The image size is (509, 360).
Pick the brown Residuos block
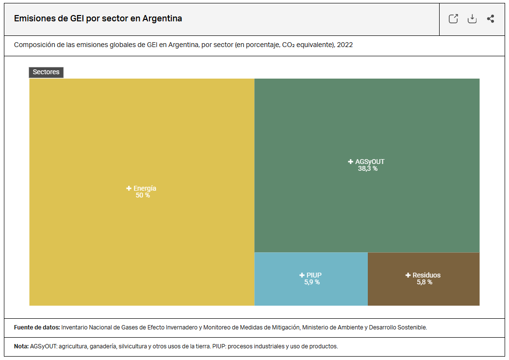click(x=423, y=294)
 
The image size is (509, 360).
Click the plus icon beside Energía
click(x=129, y=188)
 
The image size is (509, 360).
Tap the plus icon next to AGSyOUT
click(x=351, y=162)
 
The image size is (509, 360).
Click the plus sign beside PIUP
click(x=302, y=275)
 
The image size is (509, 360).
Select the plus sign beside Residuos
click(x=408, y=275)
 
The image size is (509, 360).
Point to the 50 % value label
click(x=143, y=196)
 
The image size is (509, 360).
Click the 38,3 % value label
click(x=368, y=169)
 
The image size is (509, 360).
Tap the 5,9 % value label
click(x=312, y=282)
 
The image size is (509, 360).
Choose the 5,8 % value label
click(x=425, y=282)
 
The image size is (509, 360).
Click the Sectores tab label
click(x=46, y=72)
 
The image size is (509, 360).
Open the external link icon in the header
click(x=453, y=19)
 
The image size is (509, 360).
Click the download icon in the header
click(x=472, y=19)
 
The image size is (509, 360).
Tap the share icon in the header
click(x=491, y=19)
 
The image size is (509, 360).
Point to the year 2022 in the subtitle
click(x=345, y=45)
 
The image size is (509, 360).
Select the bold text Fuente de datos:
click(x=37, y=327)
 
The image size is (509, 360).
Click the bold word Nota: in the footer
click(x=21, y=346)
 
